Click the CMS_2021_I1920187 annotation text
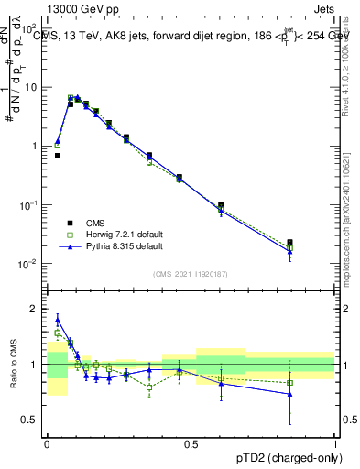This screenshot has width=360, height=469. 191,273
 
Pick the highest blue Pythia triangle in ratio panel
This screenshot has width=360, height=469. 58,320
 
